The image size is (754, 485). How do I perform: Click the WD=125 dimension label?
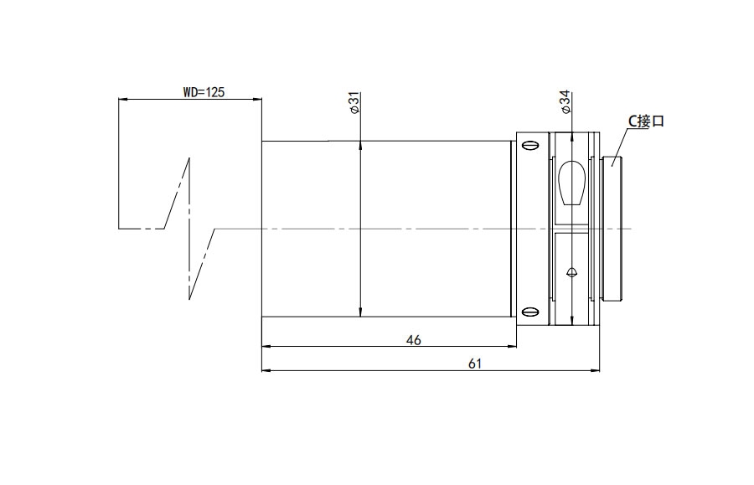point(204,92)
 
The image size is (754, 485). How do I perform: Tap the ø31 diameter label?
point(355,103)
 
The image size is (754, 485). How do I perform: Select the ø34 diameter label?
point(565,102)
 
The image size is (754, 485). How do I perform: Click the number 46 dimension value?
point(414,340)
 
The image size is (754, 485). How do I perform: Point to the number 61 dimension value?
point(475,364)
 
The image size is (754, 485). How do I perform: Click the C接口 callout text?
point(646,121)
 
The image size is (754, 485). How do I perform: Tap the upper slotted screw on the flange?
point(530,145)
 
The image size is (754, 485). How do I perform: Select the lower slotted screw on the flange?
point(530,312)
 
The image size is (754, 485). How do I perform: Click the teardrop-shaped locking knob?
point(571,183)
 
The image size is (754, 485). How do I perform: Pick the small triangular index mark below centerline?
point(571,272)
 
